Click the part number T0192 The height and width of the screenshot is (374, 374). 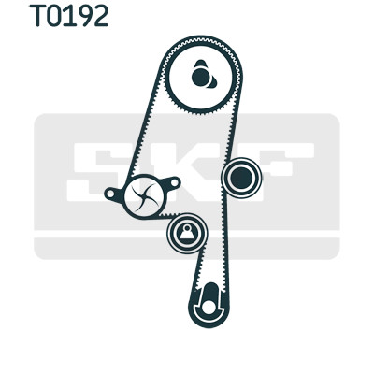(69, 16)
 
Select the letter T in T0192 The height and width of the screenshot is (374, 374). (37, 16)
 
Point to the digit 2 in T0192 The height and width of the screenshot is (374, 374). (100, 16)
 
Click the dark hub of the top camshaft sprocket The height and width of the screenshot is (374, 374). (200, 77)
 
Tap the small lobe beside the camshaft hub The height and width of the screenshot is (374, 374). (212, 82)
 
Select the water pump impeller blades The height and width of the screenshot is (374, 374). (144, 196)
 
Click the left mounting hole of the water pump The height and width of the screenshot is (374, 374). (110, 194)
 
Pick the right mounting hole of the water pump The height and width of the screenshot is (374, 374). (175, 183)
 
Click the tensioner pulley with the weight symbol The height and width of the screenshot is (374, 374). (187, 233)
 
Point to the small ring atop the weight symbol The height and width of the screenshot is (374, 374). (187, 228)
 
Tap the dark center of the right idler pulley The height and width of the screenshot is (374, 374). (241, 178)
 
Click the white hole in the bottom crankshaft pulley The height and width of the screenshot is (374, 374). (209, 308)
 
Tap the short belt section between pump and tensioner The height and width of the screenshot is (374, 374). (169, 215)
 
